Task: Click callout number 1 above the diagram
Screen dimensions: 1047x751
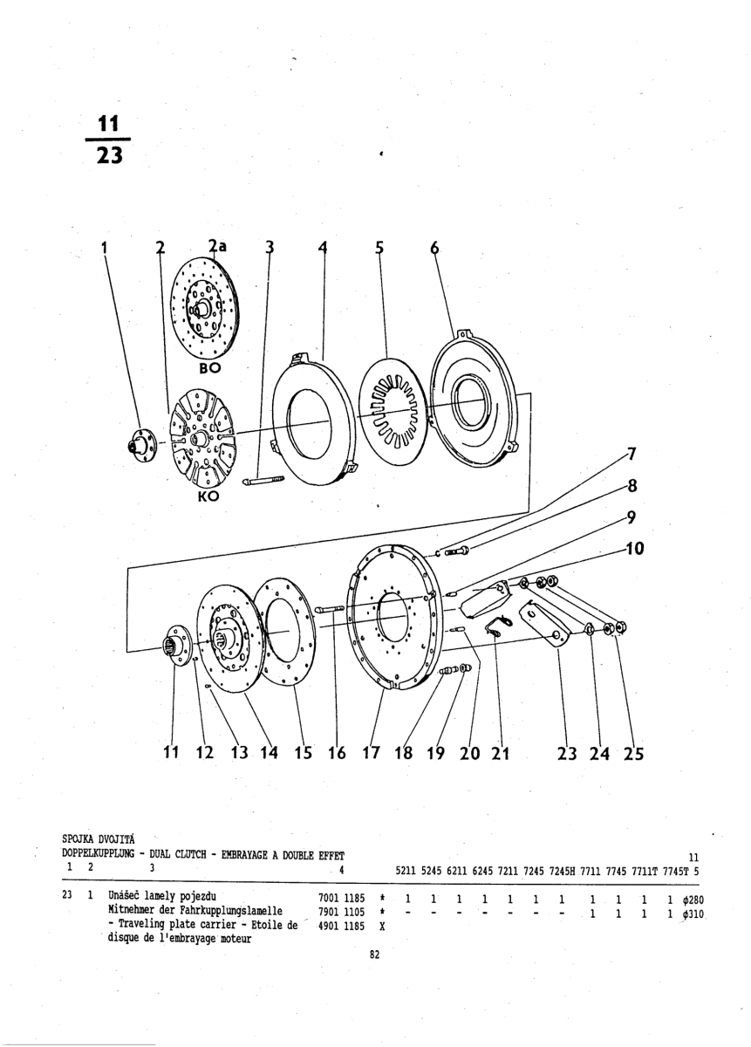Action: point(105,247)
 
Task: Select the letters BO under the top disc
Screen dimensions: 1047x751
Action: point(209,368)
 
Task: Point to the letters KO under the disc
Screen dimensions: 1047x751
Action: point(208,496)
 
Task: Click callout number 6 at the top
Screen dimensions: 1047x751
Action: point(434,247)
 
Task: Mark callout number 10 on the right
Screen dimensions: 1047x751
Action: point(634,550)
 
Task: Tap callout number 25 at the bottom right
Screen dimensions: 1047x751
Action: point(633,753)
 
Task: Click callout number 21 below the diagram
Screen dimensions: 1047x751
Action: point(499,753)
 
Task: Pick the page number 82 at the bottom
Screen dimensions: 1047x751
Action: point(374,955)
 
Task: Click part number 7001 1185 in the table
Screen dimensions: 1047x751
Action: point(342,897)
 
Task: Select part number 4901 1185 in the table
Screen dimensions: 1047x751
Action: point(342,927)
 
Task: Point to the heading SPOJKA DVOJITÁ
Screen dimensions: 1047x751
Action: point(97,838)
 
